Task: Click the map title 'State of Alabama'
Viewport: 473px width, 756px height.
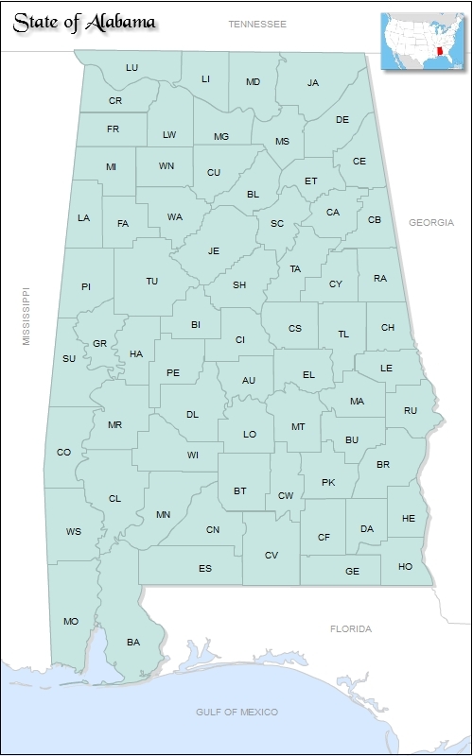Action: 84,23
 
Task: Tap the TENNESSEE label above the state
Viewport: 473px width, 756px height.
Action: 256,23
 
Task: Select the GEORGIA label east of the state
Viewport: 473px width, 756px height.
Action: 431,222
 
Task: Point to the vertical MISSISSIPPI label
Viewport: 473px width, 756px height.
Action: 26,316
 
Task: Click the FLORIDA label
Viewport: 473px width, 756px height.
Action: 350,628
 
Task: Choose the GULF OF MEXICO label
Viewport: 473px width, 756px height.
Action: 236,711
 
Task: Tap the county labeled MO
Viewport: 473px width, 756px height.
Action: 71,621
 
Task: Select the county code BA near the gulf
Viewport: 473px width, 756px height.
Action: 133,642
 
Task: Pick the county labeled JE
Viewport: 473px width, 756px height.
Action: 214,250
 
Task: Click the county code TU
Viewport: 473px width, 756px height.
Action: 151,281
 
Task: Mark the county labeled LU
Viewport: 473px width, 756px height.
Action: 131,67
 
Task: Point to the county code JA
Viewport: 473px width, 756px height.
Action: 313,82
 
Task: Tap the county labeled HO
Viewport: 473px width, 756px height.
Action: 406,566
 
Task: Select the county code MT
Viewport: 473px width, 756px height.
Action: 298,426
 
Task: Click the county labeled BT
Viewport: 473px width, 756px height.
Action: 240,490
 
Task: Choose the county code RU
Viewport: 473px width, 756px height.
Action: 410,410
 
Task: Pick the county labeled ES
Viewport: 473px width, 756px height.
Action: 205,568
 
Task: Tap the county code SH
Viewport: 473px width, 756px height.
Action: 239,284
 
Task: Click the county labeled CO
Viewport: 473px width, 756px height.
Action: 63,452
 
